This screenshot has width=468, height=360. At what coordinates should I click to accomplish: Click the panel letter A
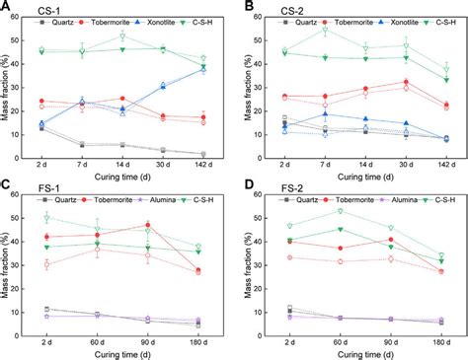7,7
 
